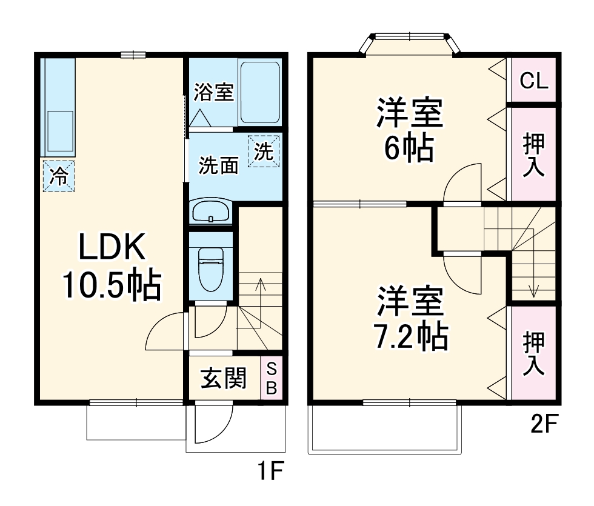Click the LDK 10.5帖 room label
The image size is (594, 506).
(x=112, y=267)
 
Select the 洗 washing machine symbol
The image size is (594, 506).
(x=264, y=151)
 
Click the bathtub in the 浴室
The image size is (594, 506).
(x=260, y=93)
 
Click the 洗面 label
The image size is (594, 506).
(x=219, y=165)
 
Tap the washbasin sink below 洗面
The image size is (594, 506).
(x=210, y=212)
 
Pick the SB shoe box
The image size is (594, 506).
(x=272, y=378)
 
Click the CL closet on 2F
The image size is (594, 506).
(x=534, y=81)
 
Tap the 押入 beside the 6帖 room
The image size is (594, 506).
(x=534, y=154)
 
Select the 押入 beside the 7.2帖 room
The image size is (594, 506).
(x=534, y=353)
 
